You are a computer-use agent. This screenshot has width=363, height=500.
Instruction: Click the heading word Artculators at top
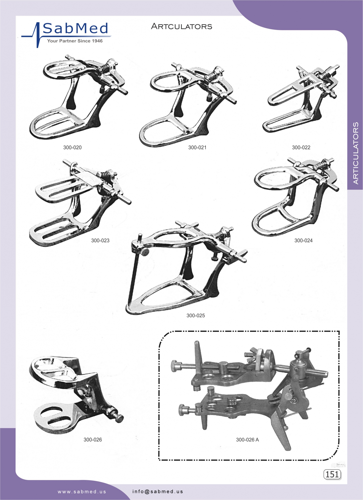tap(182, 26)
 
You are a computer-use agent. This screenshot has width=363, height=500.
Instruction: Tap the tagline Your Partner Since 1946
tap(75, 41)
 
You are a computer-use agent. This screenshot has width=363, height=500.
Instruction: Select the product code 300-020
tap(72, 147)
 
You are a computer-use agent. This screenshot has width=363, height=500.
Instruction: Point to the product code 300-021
tap(197, 147)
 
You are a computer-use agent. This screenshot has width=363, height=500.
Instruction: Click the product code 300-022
tap(301, 147)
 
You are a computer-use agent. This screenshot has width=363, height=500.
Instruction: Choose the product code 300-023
tap(100, 240)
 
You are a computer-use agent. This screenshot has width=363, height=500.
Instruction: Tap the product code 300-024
tap(304, 240)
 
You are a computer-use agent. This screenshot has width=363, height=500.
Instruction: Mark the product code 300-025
tap(196, 315)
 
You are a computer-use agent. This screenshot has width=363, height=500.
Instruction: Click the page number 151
tap(332, 474)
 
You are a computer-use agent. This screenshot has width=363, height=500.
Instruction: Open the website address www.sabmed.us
tap(82, 491)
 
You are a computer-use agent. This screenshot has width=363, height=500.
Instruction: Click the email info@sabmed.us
tap(158, 491)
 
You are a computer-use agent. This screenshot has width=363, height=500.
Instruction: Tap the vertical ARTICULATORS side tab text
tap(356, 153)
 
